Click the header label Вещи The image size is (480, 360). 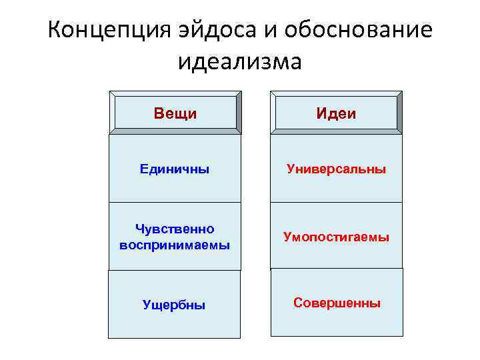tap(175, 113)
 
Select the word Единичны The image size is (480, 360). tap(175, 169)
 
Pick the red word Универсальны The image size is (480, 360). tap(336, 169)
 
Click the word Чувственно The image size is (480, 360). tap(175, 229)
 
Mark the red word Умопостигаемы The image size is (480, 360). tap(336, 237)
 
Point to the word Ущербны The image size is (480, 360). tap(174, 305)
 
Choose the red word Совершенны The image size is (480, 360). tap(337, 303)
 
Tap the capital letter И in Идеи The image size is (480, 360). tap(321, 113)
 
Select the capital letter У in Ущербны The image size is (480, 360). tap(147, 305)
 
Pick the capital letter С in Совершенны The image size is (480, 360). tap(298, 303)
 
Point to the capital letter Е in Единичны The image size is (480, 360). tap(143, 169)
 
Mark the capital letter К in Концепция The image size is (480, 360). tap(56, 31)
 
